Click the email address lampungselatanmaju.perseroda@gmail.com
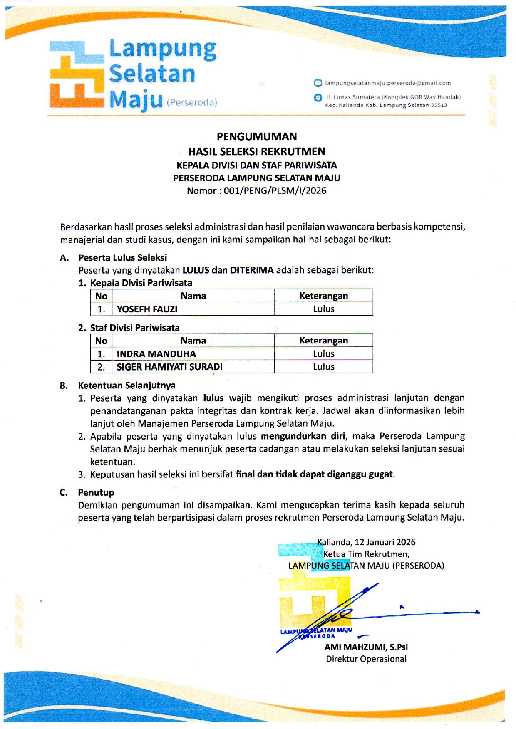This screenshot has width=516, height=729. [387, 83]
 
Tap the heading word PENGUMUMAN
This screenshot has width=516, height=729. [257, 136]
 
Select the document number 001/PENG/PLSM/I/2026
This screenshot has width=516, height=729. [275, 191]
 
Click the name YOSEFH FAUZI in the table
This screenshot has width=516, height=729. [147, 309]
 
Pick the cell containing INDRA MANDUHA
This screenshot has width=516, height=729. [156, 354]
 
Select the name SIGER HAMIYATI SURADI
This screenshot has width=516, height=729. [169, 367]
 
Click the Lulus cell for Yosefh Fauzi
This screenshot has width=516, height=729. [323, 309]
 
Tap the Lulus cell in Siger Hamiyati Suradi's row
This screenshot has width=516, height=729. [323, 367]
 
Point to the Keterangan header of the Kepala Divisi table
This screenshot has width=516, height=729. [323, 296]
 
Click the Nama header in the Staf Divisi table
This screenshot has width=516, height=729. [193, 341]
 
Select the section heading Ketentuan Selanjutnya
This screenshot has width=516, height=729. [127, 386]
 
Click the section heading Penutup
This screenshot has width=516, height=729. [96, 492]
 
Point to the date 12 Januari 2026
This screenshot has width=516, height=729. [385, 542]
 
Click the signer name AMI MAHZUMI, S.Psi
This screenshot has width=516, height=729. [366, 647]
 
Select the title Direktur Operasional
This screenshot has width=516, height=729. [366, 659]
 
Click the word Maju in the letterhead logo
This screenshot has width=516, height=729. [136, 100]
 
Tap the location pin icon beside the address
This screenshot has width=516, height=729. [318, 98]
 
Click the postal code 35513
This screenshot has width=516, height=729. [439, 105]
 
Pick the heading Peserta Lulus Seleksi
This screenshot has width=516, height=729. [122, 257]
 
